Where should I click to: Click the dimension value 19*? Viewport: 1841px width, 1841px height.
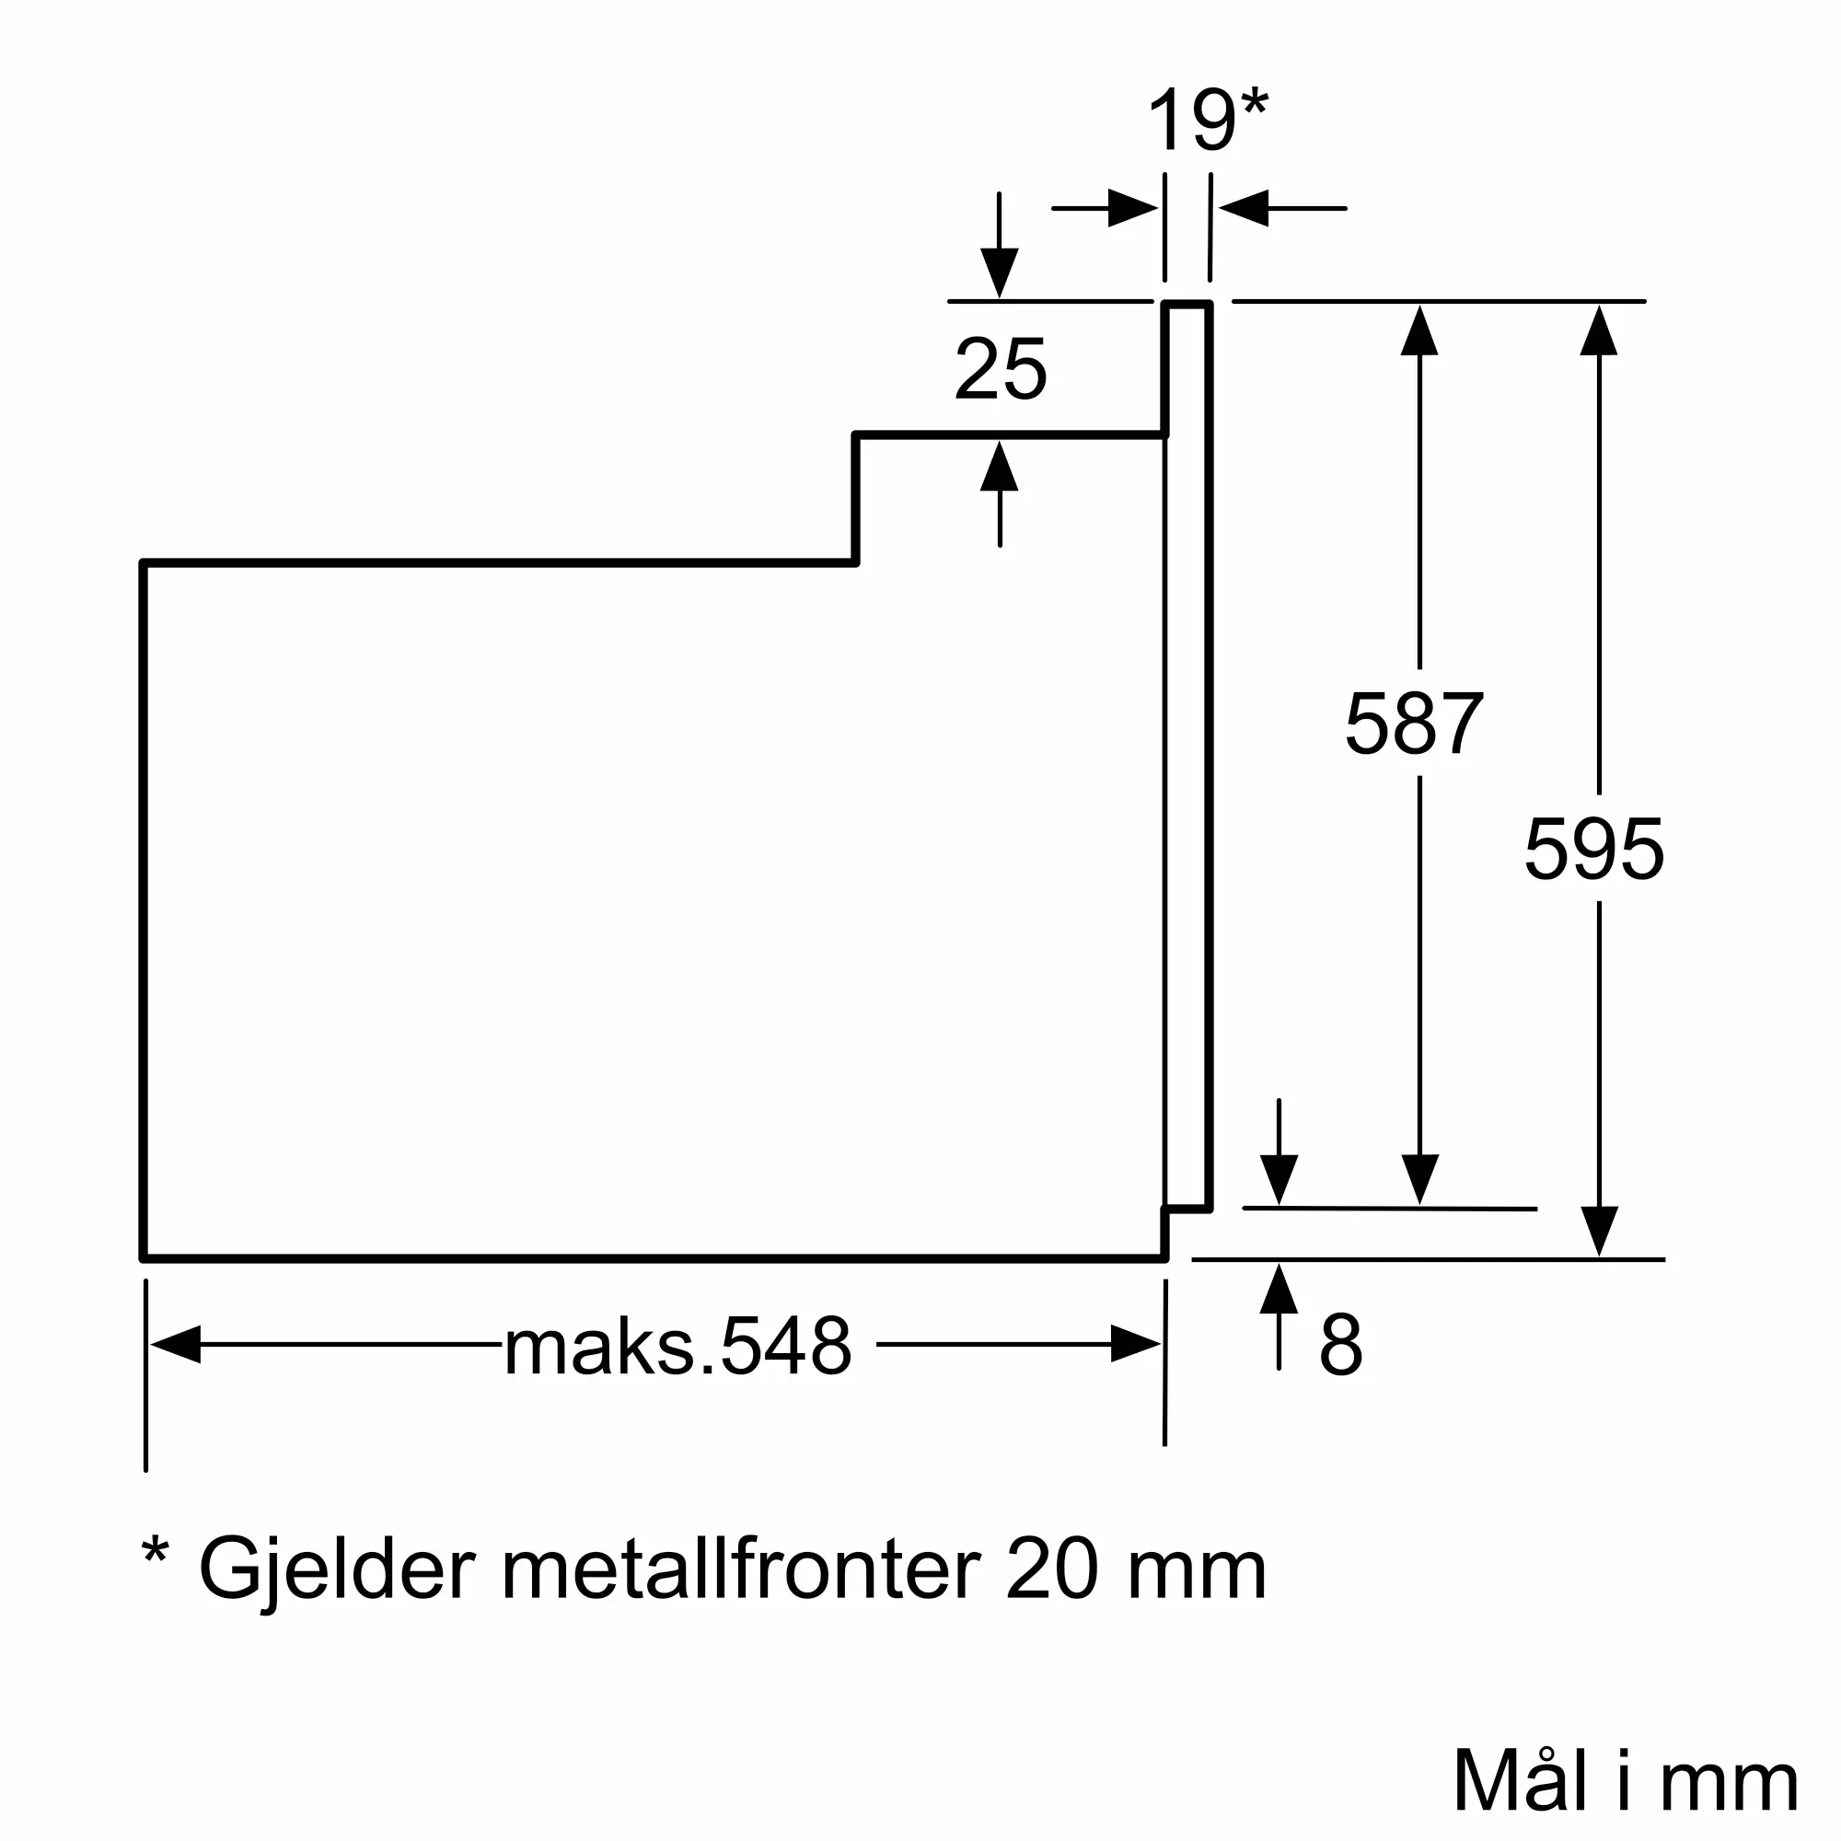(x=1207, y=121)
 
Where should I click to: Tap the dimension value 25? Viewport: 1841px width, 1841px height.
(x=1001, y=370)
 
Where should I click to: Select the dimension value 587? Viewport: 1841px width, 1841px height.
(x=1414, y=724)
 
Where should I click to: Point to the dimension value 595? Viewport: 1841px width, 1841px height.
(x=1594, y=849)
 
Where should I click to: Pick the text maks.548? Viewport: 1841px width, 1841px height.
(x=677, y=1347)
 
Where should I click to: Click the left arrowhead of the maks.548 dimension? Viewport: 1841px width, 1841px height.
(x=175, y=1345)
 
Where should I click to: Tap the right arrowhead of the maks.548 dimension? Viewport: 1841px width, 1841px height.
(x=1136, y=1345)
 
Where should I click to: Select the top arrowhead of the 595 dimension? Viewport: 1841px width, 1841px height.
(x=1599, y=330)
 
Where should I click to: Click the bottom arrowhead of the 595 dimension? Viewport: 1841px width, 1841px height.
(x=1599, y=1230)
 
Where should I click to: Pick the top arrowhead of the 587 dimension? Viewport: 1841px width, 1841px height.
(x=1419, y=330)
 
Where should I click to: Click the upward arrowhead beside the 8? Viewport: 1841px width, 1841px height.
(x=1279, y=1290)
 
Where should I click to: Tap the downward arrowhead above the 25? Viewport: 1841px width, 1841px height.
(x=1000, y=272)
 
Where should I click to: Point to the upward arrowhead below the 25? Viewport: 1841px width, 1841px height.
(x=1000, y=466)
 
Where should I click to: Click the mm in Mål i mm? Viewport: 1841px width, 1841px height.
(x=1729, y=1782)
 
